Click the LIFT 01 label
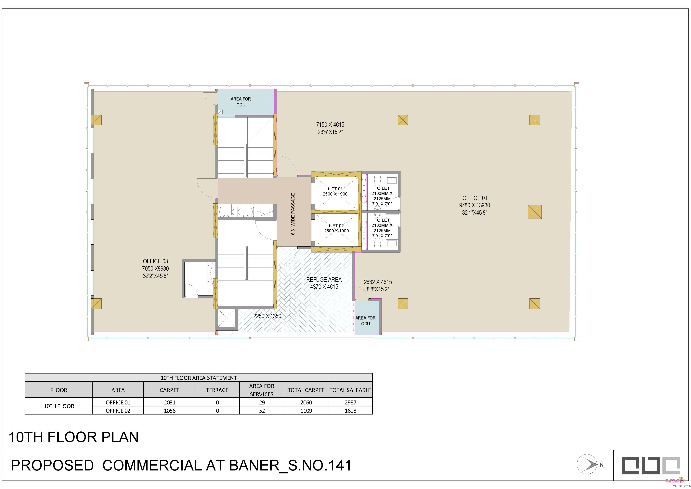[x=335, y=189]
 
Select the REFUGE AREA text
[x=324, y=280]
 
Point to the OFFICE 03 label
[x=155, y=261]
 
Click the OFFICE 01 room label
[x=475, y=198]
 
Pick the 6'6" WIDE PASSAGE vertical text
[x=293, y=214]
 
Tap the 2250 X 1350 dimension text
[x=267, y=316]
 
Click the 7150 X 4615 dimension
[x=330, y=125]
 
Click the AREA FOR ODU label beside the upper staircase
[x=241, y=102]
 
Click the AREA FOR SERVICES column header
[x=262, y=390]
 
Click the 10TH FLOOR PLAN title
[x=74, y=437]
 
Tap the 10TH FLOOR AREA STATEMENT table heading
[x=199, y=378]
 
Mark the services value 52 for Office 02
[x=262, y=411]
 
